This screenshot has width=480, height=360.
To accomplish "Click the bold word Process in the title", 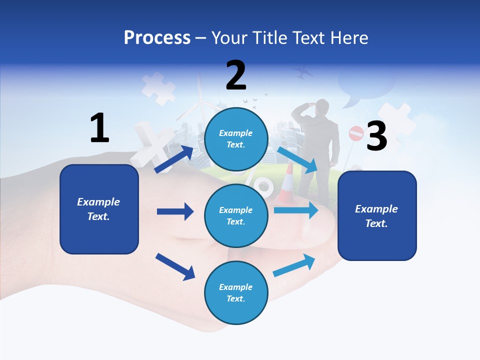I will [157, 37].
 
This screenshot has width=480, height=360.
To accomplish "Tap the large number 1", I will [99, 128].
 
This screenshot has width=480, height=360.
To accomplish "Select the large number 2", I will [236, 75].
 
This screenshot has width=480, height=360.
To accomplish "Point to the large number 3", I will [376, 136].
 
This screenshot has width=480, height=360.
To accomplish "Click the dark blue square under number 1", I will [99, 209].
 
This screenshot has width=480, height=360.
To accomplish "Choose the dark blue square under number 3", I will [377, 215].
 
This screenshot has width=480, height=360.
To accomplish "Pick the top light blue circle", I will [236, 139].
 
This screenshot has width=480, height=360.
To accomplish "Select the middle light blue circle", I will [236, 215].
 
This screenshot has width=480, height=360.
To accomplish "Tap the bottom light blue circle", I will [236, 292].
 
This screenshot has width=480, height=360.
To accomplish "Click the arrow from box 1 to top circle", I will [173, 159].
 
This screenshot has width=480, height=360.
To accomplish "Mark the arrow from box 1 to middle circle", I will [175, 211].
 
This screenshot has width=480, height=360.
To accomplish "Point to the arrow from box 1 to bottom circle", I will [175, 266].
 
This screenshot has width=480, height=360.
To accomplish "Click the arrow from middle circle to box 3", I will [296, 210].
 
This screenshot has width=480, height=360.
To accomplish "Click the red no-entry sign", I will [356, 133].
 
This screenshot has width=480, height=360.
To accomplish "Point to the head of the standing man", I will [322, 106].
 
